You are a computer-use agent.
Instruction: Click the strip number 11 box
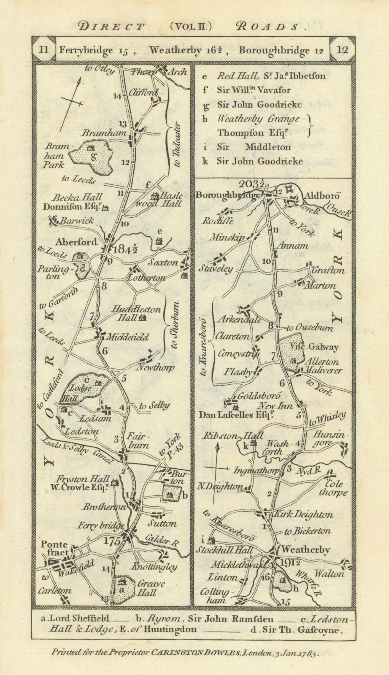click(x=44, y=49)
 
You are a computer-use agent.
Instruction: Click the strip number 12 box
click(x=343, y=49)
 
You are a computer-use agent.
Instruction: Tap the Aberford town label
click(x=76, y=242)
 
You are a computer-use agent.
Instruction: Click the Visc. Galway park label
click(x=320, y=347)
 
